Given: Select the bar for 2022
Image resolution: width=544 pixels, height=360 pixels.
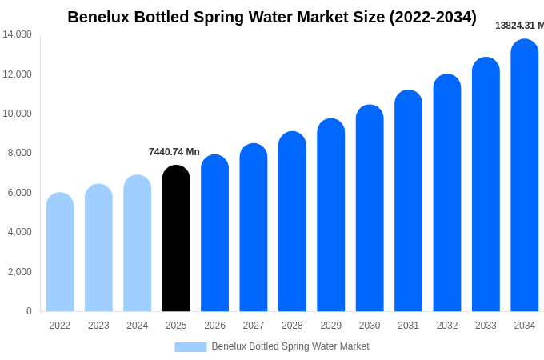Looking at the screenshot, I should (x=60, y=252).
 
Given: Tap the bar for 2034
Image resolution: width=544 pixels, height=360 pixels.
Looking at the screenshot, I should (x=525, y=175).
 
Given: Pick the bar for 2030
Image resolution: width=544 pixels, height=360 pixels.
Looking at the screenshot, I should (x=370, y=208).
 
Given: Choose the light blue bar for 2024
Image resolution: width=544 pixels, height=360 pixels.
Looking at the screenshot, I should (x=138, y=243).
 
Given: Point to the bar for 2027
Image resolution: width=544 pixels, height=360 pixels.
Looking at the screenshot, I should (x=254, y=227).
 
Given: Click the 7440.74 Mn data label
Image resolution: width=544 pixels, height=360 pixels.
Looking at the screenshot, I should (x=174, y=152).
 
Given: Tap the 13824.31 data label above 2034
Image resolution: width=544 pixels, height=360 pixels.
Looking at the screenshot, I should (x=519, y=26).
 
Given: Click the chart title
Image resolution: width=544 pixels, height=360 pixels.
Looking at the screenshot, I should (x=272, y=17).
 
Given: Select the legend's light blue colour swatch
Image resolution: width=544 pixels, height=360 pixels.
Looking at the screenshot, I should (x=190, y=346).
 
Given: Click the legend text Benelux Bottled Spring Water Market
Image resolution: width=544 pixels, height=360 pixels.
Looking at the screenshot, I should (x=290, y=346).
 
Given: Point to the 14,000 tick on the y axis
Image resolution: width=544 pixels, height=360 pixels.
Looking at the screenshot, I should (x=17, y=34).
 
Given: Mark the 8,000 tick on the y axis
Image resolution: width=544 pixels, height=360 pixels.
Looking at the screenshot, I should (x=19, y=153).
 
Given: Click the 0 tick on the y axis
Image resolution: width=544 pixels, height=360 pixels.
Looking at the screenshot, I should (x=29, y=311).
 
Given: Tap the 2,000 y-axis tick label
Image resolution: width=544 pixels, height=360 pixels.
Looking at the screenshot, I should (x=19, y=272).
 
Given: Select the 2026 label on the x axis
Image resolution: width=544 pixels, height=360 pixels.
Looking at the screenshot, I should (x=214, y=326).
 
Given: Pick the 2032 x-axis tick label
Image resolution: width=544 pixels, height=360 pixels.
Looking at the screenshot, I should (x=447, y=326).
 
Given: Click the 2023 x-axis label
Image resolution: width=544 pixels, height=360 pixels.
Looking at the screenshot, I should (x=98, y=326).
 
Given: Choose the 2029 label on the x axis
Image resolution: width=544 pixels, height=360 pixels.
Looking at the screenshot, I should (x=331, y=326).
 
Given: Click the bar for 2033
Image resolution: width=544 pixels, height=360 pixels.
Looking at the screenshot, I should (x=486, y=184).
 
